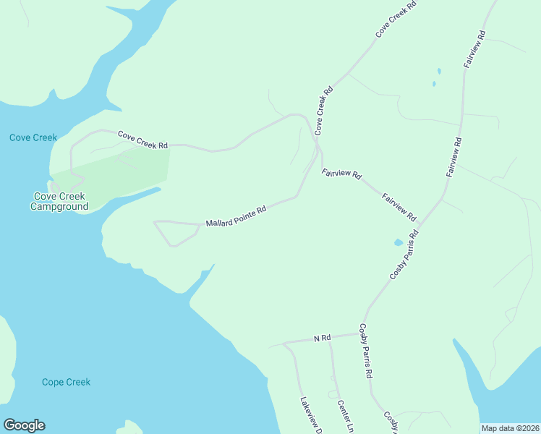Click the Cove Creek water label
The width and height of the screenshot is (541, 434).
(33, 137)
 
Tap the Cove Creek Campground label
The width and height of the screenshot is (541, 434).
(59, 201)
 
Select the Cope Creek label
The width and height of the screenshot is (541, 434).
(66, 382)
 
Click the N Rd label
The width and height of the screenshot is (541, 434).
(322, 338)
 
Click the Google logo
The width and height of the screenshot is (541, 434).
(24, 425)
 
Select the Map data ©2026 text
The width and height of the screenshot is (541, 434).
(510, 428)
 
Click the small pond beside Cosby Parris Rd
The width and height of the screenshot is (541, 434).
(399, 243)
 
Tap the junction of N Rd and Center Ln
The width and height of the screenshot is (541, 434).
(330, 338)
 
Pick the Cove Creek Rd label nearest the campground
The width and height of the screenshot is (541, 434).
(142, 140)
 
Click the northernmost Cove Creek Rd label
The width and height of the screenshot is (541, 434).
(396, 20)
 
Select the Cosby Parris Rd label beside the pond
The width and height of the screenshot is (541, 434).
(404, 255)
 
